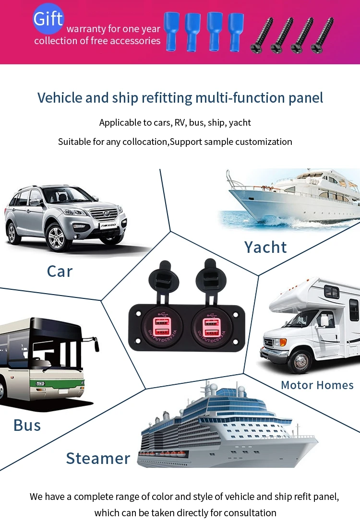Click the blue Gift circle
tap(48, 19)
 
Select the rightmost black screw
tap(322, 35)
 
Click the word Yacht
tap(265, 247)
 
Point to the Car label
tap(60, 271)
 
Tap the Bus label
tap(27, 425)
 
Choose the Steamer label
tap(98, 458)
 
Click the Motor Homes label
tap(317, 385)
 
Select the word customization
tap(264, 142)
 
